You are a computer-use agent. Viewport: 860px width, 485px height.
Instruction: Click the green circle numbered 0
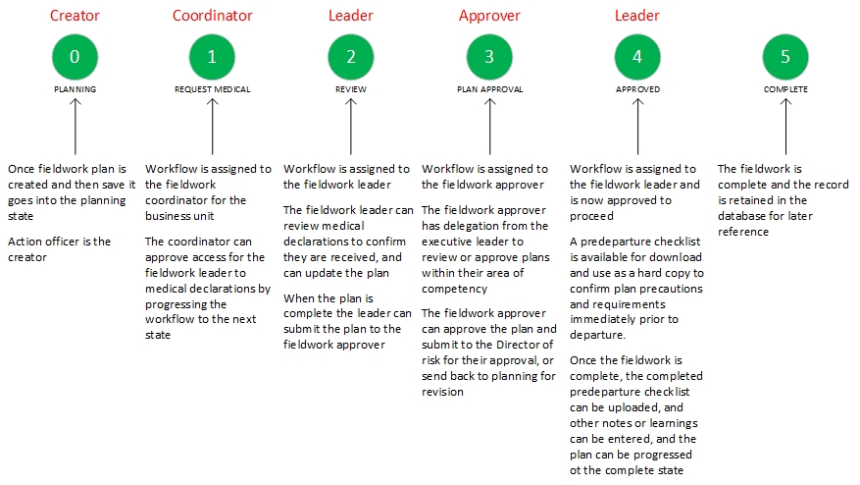(x=75, y=57)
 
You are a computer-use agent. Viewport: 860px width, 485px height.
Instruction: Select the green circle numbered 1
(x=212, y=57)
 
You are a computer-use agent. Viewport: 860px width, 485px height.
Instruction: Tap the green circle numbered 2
(x=351, y=57)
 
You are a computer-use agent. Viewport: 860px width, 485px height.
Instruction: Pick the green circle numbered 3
(x=489, y=57)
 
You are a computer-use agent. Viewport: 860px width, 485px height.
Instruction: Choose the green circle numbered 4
(x=637, y=57)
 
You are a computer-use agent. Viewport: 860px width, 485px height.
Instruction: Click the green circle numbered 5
(x=785, y=57)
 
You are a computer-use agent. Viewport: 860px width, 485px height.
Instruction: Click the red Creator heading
(x=75, y=16)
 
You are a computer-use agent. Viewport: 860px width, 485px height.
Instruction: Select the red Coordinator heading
(x=212, y=16)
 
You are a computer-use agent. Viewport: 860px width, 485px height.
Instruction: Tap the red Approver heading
(x=489, y=16)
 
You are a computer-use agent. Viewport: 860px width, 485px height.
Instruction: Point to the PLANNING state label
(x=75, y=89)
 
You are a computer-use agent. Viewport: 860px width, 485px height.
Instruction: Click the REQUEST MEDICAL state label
(x=212, y=89)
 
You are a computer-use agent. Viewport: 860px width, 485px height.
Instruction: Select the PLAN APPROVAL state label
(x=489, y=89)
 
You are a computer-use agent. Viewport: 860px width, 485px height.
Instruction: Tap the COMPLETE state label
(x=785, y=89)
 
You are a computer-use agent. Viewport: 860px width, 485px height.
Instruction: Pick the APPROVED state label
(x=637, y=89)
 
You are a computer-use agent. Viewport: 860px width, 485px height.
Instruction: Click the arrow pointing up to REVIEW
(x=351, y=127)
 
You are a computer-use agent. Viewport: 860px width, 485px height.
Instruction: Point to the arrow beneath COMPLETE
(x=785, y=127)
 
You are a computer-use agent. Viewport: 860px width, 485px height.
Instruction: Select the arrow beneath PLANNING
(x=75, y=127)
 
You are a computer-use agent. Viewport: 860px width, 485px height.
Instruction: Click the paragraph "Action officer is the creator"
(x=59, y=249)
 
